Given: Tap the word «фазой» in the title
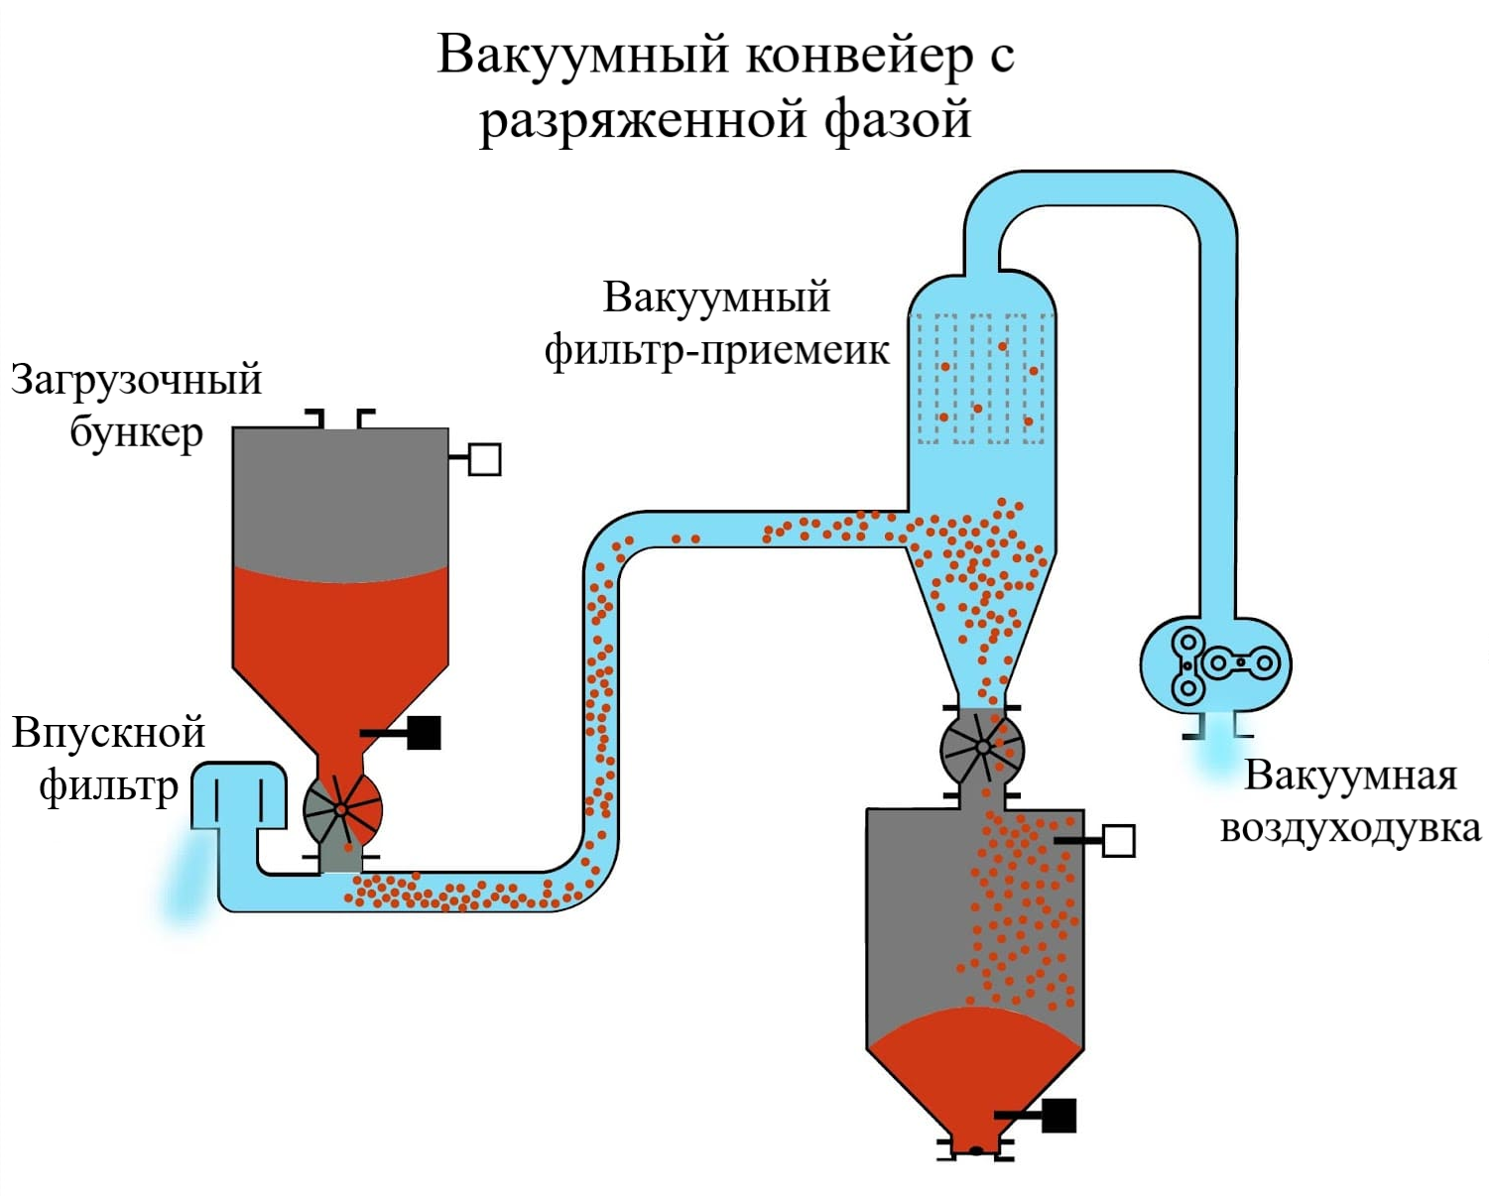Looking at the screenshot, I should coord(897,119).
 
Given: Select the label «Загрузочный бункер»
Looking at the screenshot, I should coord(136,406).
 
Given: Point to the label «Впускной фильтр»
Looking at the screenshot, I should coord(108,759).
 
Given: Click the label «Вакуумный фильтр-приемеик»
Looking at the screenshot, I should coord(716,324).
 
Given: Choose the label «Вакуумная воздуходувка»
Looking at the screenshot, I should coord(1350,801).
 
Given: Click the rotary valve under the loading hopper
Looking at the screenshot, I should coord(342,809).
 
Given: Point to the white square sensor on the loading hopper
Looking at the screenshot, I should coord(484,459).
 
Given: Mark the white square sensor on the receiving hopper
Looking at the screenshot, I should coord(1118,841).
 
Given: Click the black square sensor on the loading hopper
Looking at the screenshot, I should coord(425,733).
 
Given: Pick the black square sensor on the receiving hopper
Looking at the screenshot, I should coord(1059,1116).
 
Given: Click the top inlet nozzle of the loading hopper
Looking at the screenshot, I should coord(340,419).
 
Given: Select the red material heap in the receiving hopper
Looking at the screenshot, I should coord(975,1066).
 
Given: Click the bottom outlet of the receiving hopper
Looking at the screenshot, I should coord(976,1149).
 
